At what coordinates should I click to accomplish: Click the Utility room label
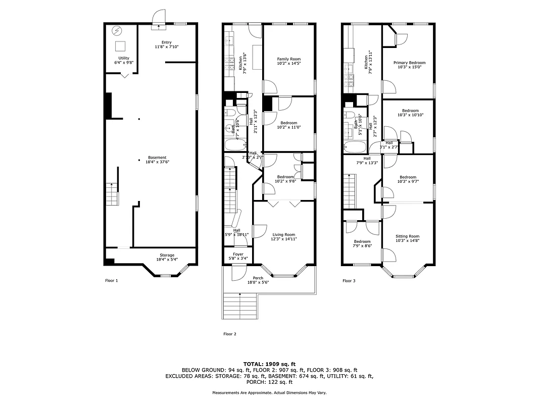point(123,61)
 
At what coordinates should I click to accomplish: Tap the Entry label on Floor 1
point(167,44)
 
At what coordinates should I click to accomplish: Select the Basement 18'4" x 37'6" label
point(157,160)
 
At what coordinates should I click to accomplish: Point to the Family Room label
point(288,62)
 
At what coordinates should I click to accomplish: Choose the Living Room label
point(283,237)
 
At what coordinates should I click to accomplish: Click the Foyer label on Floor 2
point(238,256)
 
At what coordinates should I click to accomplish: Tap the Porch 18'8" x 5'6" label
point(258,280)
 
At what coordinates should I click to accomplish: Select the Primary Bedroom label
point(409,65)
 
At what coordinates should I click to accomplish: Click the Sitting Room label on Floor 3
point(407,239)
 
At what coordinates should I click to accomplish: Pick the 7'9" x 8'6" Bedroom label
point(362,244)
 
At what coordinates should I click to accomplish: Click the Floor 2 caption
point(230,334)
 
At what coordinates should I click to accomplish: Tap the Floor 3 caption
point(349,281)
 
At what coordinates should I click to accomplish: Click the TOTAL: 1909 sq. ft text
point(269,364)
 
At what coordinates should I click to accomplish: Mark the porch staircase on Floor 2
point(240,307)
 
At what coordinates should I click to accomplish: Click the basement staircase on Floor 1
point(112,194)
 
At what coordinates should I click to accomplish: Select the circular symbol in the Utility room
point(117,30)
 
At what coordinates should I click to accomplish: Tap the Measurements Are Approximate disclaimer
point(269,393)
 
